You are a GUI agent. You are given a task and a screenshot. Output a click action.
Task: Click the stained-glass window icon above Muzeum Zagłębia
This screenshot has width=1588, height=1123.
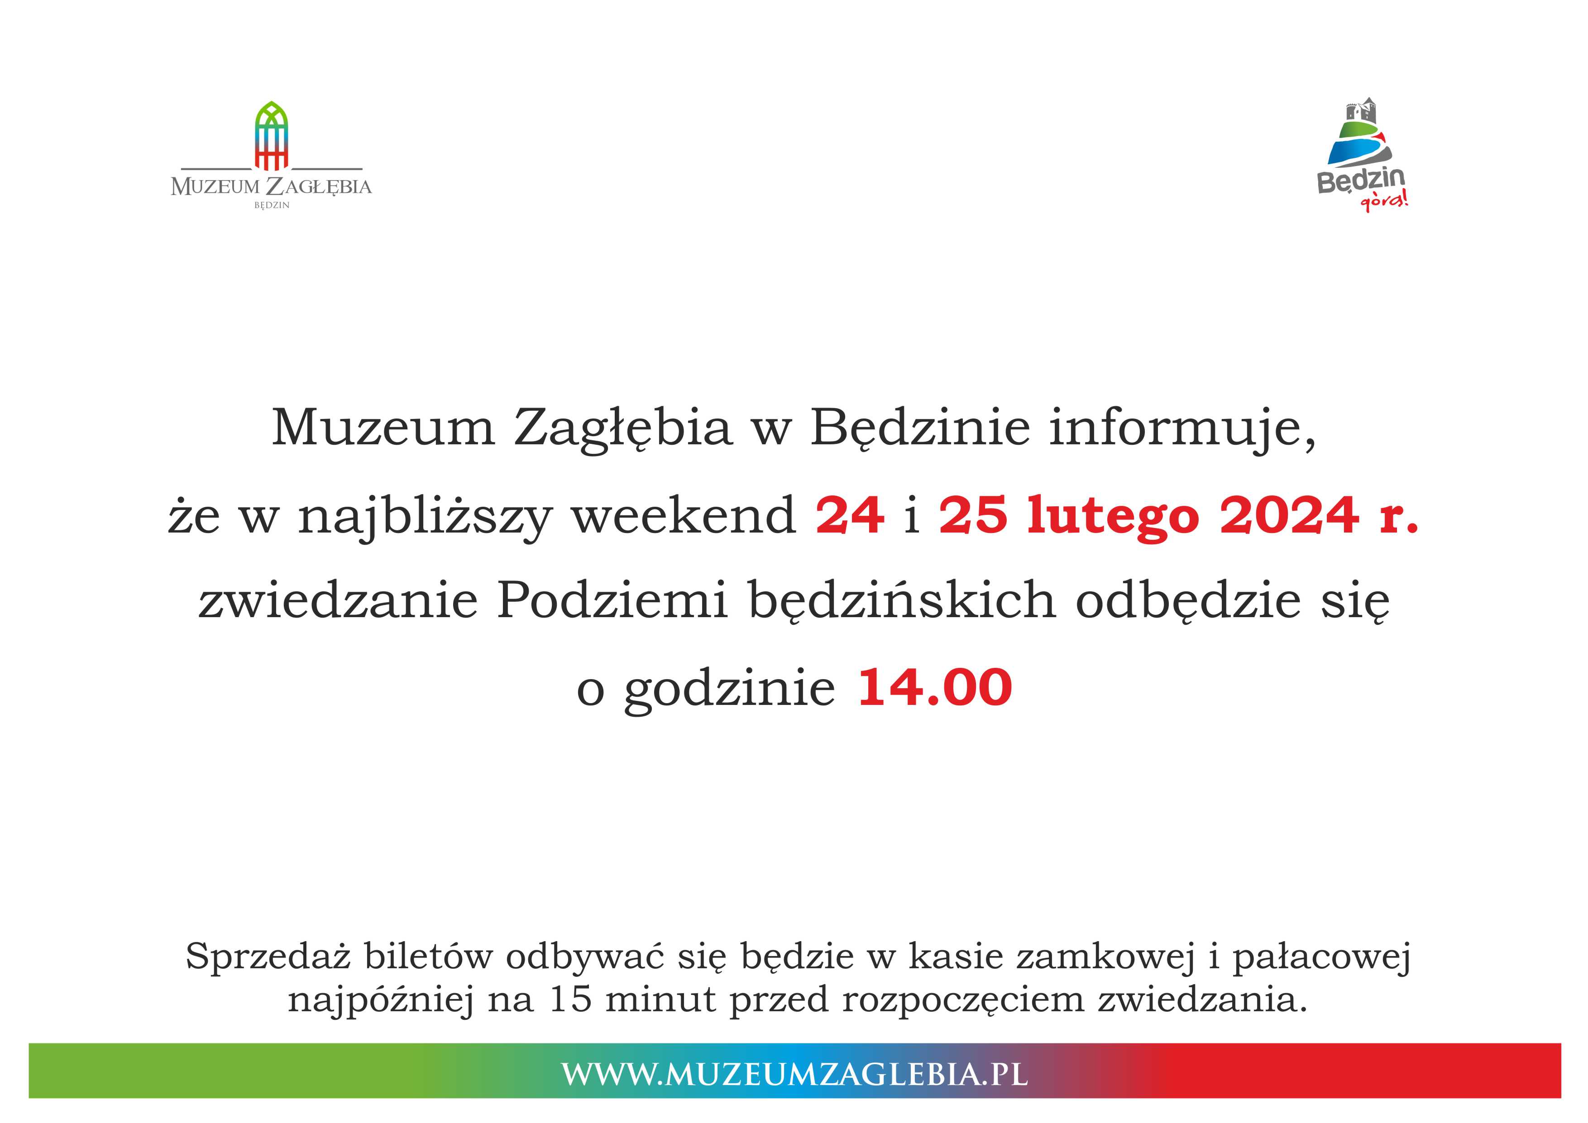(x=271, y=136)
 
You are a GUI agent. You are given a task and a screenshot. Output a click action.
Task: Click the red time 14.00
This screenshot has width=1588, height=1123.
(x=934, y=687)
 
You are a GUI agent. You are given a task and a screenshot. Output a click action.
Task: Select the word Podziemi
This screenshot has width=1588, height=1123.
(x=612, y=599)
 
